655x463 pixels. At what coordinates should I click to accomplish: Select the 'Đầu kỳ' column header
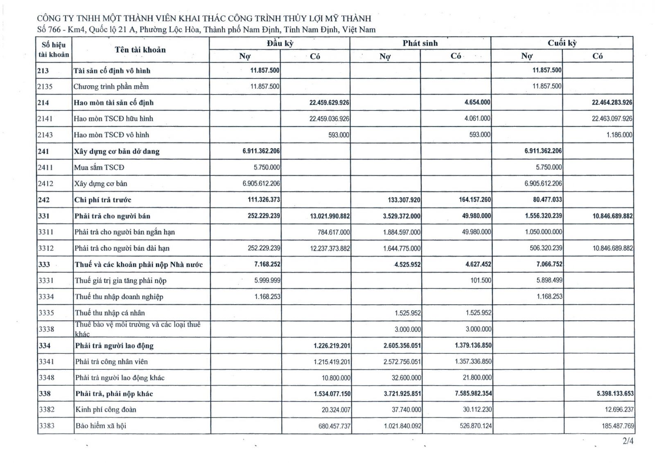point(280,43)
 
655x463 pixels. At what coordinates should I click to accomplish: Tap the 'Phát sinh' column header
point(420,43)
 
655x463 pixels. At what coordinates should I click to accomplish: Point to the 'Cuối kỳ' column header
point(562,43)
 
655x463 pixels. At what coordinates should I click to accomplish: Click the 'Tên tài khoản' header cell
point(140,50)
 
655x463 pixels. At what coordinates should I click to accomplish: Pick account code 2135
point(45,87)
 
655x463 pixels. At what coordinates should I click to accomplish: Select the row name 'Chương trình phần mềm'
point(111,87)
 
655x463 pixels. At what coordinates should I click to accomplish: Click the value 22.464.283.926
point(612,103)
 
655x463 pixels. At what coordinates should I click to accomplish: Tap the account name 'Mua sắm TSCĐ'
point(99,167)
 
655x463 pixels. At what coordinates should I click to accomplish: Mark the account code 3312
point(46,248)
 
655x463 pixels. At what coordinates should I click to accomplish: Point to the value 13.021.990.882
point(330,216)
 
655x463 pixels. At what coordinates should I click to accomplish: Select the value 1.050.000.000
point(543,232)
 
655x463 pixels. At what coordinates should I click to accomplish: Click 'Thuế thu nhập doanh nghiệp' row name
point(119,297)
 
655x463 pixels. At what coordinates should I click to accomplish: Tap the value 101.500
point(481,281)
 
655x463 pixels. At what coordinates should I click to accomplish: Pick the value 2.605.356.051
point(402,346)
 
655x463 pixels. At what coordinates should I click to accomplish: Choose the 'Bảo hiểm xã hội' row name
point(101,426)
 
